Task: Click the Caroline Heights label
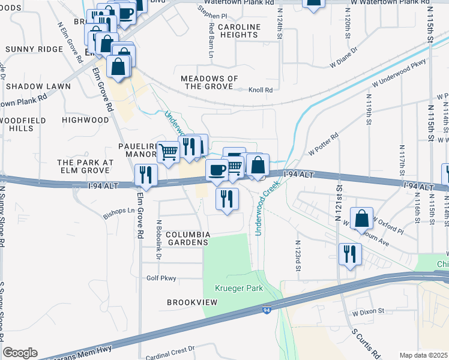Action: tap(239, 31)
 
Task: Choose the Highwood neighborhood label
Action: tap(85, 120)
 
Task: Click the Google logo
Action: tap(20, 353)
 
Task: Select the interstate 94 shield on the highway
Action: tap(265, 310)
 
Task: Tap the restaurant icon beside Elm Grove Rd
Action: tap(146, 174)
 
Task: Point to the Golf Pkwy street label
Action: tap(161, 278)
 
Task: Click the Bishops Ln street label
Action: tap(119, 211)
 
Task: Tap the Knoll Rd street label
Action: tap(262, 90)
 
